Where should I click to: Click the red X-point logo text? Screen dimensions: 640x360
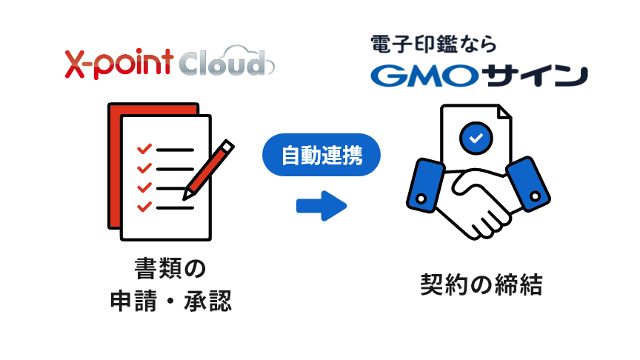pyautogui.click(x=119, y=64)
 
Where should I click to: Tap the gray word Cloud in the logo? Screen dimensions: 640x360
pyautogui.click(x=223, y=64)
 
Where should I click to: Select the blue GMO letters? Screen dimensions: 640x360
pyautogui.click(x=424, y=76)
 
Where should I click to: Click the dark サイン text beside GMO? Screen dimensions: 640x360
pyautogui.click(x=535, y=76)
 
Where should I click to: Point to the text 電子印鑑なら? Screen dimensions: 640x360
pyautogui.click(x=433, y=44)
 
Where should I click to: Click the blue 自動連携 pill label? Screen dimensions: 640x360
pyautogui.click(x=321, y=155)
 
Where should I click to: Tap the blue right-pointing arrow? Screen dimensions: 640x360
pyautogui.click(x=321, y=206)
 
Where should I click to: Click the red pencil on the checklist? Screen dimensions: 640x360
pyautogui.click(x=208, y=170)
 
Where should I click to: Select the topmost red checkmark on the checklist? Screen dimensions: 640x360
pyautogui.click(x=144, y=149)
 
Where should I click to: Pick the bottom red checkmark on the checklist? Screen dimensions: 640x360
pyautogui.click(x=144, y=207)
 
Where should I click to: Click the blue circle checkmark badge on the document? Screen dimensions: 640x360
pyautogui.click(x=476, y=138)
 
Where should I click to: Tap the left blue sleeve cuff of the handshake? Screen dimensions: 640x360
pyautogui.click(x=425, y=186)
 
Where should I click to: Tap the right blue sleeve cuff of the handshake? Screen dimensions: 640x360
pyautogui.click(x=528, y=184)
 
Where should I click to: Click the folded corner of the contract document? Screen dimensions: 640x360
pyautogui.click(x=505, y=112)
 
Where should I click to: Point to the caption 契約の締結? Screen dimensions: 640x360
pyautogui.click(x=481, y=284)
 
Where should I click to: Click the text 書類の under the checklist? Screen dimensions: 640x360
pyautogui.click(x=170, y=269)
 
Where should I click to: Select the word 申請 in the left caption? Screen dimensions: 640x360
pyautogui.click(x=133, y=301)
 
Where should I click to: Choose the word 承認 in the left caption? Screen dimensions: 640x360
pyautogui.click(x=207, y=301)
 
